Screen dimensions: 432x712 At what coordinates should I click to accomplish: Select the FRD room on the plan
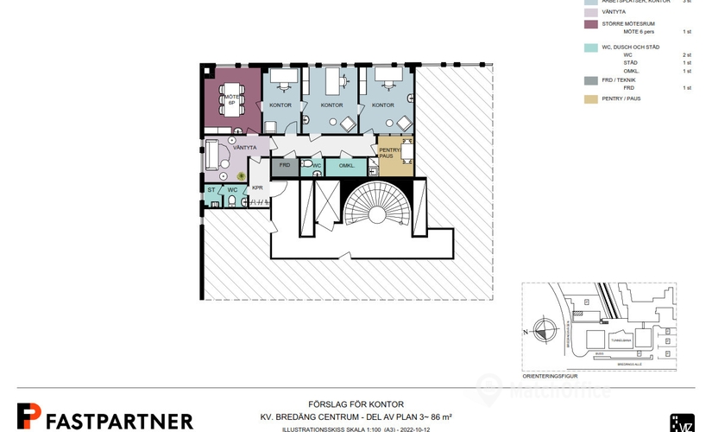[284, 165]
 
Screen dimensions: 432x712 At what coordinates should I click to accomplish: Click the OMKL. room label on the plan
[347, 165]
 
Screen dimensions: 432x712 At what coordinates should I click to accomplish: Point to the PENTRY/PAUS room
[391, 154]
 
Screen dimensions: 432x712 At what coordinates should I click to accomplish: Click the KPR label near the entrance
[257, 187]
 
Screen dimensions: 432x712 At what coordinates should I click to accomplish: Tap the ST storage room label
[211, 189]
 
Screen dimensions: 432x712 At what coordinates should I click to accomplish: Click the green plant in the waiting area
[242, 176]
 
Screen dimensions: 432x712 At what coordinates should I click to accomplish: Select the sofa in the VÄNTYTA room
[210, 156]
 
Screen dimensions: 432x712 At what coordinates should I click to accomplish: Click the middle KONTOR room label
[331, 105]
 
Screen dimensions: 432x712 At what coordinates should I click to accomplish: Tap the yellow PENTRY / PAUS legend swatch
[590, 99]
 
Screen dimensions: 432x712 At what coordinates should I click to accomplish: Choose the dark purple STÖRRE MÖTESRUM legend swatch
[590, 23]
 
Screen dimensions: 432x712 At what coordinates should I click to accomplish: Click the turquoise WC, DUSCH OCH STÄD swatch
[590, 48]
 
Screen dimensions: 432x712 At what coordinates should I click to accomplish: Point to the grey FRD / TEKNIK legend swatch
[590, 80]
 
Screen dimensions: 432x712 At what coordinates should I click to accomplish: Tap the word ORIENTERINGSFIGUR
[551, 375]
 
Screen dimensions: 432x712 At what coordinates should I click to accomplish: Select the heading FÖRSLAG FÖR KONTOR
[356, 404]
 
